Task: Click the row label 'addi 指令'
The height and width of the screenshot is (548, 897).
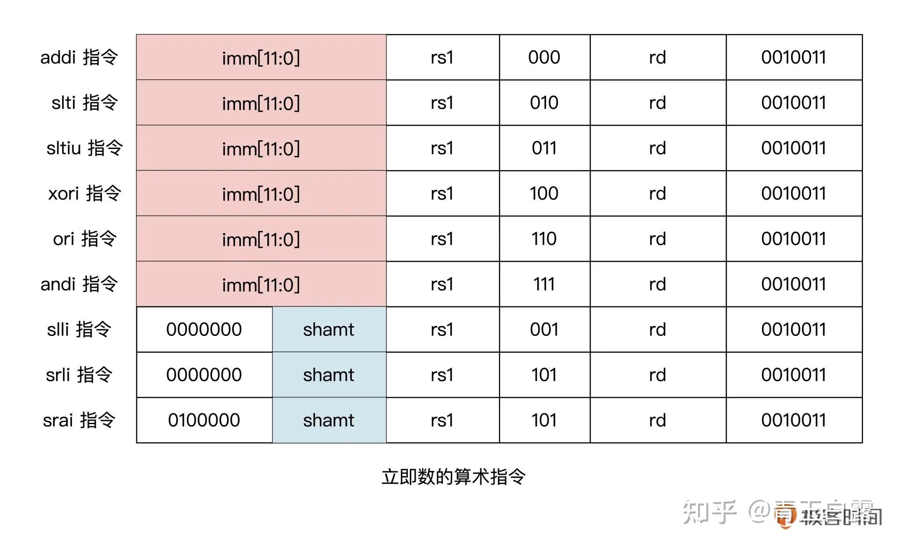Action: pos(79,57)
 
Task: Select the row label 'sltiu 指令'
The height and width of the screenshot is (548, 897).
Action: pos(85,148)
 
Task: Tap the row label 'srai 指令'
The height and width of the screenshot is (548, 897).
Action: pos(79,420)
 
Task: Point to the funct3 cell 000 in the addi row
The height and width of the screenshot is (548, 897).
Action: pos(544,57)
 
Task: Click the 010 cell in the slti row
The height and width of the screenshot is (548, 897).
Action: pos(544,103)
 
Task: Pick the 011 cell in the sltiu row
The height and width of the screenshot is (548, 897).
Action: pos(544,148)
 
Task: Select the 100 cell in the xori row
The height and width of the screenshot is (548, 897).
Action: pos(544,193)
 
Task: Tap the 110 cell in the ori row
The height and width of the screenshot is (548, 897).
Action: pos(544,239)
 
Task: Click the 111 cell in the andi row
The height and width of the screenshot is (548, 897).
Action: pos(544,284)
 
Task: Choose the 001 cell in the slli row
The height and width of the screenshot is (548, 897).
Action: pos(544,329)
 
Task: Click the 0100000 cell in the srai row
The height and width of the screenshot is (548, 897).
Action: pos(204,420)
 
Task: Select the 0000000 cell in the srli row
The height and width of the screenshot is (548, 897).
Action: pos(204,375)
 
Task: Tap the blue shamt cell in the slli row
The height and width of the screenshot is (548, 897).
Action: pos(329,329)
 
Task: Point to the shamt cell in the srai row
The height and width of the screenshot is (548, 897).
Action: pos(329,420)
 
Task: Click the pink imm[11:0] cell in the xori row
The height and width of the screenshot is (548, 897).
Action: pos(261,193)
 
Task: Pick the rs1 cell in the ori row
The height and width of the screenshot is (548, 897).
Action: pos(442,239)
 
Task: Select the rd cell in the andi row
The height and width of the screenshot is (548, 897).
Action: pos(657,284)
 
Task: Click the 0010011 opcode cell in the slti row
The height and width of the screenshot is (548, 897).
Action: pos(794,103)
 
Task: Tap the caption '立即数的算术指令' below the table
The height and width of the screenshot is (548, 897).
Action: pos(454,477)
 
